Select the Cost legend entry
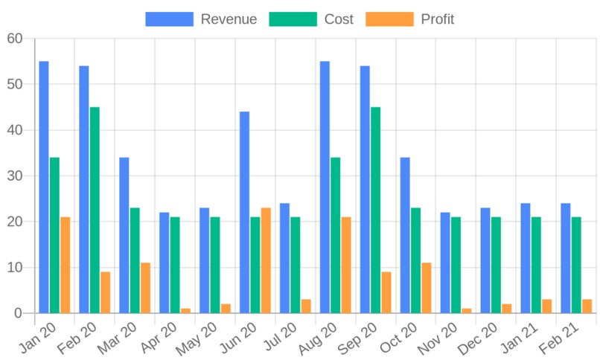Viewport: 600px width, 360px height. (x=310, y=19)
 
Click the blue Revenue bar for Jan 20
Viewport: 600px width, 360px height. (x=44, y=187)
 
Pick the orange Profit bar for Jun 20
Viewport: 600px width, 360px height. (x=266, y=260)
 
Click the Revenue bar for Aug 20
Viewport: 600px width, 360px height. (x=325, y=187)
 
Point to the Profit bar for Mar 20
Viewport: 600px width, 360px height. (x=145, y=288)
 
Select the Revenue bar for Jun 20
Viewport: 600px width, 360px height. (x=244, y=212)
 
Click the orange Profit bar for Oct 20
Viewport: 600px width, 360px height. (x=426, y=288)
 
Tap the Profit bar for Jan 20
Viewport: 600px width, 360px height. (x=66, y=265)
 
